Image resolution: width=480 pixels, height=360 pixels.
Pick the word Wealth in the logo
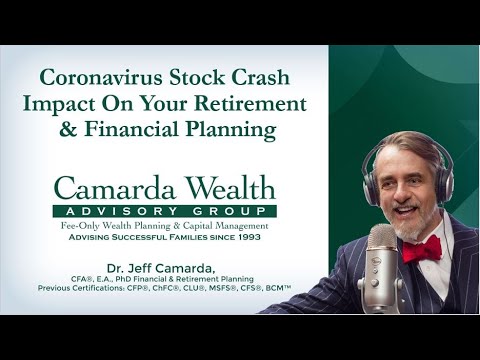(223, 188)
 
